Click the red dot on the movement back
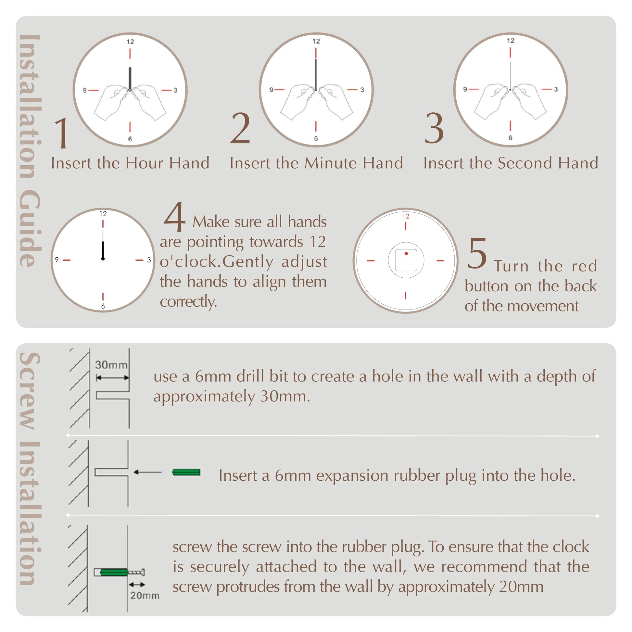[406, 254]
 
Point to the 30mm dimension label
[111, 365]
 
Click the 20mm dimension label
[145, 596]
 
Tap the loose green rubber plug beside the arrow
[186, 472]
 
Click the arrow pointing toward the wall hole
[147, 472]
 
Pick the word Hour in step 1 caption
[145, 163]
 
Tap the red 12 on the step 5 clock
[406, 216]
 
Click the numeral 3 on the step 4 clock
[149, 260]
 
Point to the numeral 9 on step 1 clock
[84, 90]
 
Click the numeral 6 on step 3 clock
[510, 138]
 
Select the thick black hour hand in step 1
[130, 79]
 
